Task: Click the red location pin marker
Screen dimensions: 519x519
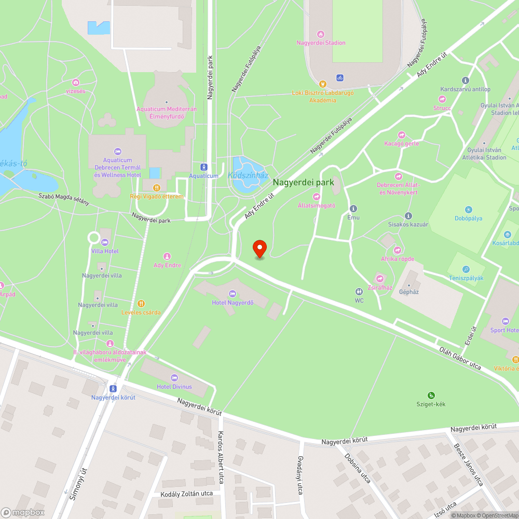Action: point(259,249)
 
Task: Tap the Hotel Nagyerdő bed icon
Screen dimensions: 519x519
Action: point(233,295)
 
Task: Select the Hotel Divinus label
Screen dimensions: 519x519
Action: point(174,387)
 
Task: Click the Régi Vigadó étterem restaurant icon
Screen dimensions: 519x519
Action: point(157,188)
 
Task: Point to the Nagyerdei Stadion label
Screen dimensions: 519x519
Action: point(321,43)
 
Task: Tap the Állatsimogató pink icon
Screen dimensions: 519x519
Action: point(317,197)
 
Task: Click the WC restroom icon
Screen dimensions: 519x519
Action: point(359,292)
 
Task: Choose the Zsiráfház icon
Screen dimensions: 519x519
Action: point(380,279)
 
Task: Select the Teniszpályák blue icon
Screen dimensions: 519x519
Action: point(466,269)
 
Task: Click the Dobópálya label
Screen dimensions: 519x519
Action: point(469,218)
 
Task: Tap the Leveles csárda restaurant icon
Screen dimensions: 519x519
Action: point(141,304)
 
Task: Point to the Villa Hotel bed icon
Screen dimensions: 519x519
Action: point(105,242)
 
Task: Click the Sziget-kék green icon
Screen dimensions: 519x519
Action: point(431,395)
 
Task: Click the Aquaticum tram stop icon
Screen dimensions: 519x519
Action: point(203,167)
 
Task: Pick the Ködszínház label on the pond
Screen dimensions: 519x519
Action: point(248,175)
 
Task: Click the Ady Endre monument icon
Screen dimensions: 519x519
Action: point(167,256)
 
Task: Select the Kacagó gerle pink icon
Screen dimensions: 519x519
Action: point(401,135)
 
